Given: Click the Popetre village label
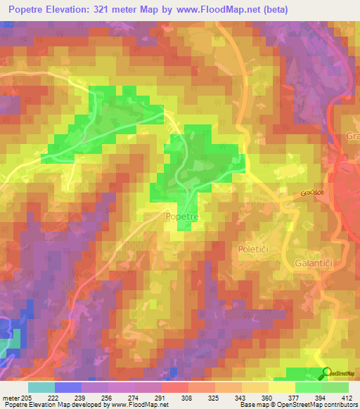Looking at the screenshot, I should (x=183, y=218).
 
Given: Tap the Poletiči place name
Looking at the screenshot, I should (x=252, y=249).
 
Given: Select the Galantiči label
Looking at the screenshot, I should (x=310, y=262).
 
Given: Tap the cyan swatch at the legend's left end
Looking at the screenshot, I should (x=41, y=387).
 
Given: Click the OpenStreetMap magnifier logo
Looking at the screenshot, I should (x=327, y=372).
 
